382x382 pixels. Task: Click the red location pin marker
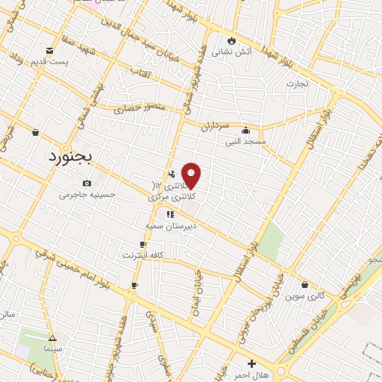point(192,175)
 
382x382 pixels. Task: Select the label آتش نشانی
point(231,52)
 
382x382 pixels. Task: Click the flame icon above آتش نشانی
point(232,40)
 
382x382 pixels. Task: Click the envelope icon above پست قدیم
point(50,50)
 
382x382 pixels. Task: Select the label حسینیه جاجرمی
point(88,195)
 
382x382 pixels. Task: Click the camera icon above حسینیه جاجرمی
point(87,184)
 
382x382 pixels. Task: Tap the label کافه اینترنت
point(143,255)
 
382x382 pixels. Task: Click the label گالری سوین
point(304,295)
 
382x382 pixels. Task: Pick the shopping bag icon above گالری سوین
point(304,284)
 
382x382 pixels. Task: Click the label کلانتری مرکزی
point(172,197)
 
